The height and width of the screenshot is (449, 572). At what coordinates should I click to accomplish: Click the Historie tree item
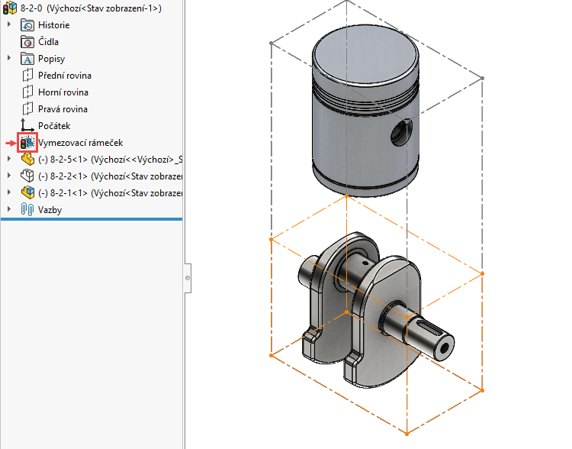[53, 25]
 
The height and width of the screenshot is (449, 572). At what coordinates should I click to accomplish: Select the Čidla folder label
[48, 42]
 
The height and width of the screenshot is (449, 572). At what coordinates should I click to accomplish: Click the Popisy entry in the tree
[51, 59]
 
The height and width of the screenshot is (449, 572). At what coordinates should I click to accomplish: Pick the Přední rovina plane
[64, 76]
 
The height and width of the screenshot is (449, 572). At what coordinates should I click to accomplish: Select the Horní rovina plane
[63, 92]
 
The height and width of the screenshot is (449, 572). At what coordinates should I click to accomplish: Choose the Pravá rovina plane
[63, 109]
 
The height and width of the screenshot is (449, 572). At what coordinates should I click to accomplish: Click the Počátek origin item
[53, 126]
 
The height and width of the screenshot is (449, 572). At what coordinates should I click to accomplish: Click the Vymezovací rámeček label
[80, 143]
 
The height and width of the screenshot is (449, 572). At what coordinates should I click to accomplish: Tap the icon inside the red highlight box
[27, 143]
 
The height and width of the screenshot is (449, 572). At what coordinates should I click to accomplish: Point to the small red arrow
[11, 143]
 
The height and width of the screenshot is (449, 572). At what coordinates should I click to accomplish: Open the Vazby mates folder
[50, 209]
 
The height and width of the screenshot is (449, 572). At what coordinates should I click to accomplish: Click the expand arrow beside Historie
[9, 25]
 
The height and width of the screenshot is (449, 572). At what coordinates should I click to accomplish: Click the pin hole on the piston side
[400, 136]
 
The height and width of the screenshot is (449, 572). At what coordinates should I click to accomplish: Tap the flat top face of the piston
[366, 56]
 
